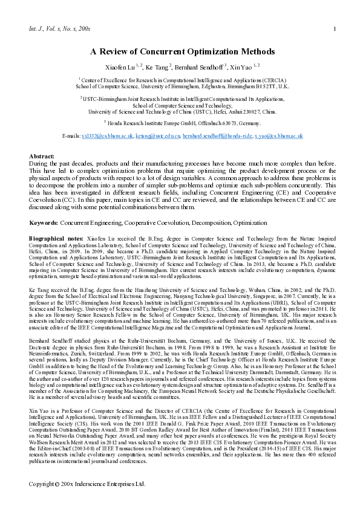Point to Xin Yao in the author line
pyautogui.click(x=242, y=66)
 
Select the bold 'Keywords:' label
pyautogui.click(x=45, y=206)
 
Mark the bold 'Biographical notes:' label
pyautogui.click(x=57, y=222)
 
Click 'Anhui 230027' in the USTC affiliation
pyautogui.click(x=242, y=111)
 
